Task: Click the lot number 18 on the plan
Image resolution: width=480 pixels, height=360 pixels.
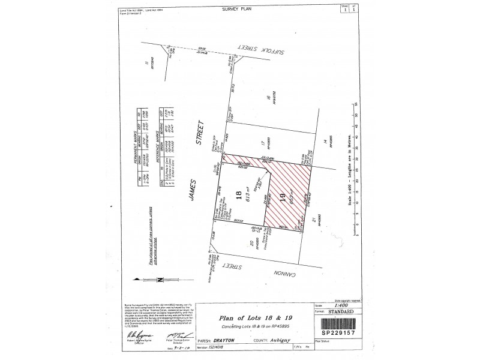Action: tap(238, 196)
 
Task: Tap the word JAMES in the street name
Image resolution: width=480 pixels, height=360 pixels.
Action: tap(199, 190)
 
